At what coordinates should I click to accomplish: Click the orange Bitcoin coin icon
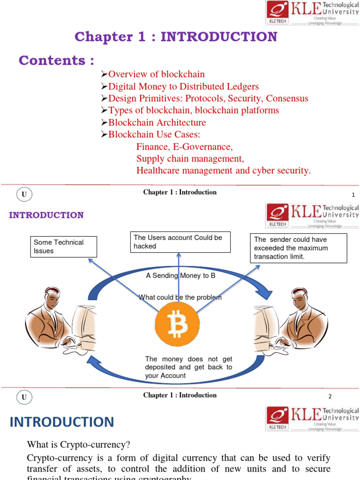(x=177, y=323)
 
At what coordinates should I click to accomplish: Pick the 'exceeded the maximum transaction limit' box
(x=299, y=248)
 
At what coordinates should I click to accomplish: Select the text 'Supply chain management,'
(x=190, y=158)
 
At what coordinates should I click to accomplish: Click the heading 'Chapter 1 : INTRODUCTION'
(x=176, y=37)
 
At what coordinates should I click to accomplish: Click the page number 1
(x=353, y=195)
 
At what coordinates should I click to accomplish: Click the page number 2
(x=330, y=397)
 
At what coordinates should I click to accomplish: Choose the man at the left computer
(x=49, y=319)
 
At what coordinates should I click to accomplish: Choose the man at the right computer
(x=305, y=319)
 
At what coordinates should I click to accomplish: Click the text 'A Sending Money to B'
(x=180, y=276)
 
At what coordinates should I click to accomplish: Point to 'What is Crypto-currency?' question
(x=78, y=444)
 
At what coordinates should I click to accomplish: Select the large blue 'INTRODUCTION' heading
(x=62, y=422)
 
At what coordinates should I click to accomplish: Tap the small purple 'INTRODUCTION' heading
(x=46, y=215)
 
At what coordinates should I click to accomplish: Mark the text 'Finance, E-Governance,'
(x=184, y=146)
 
